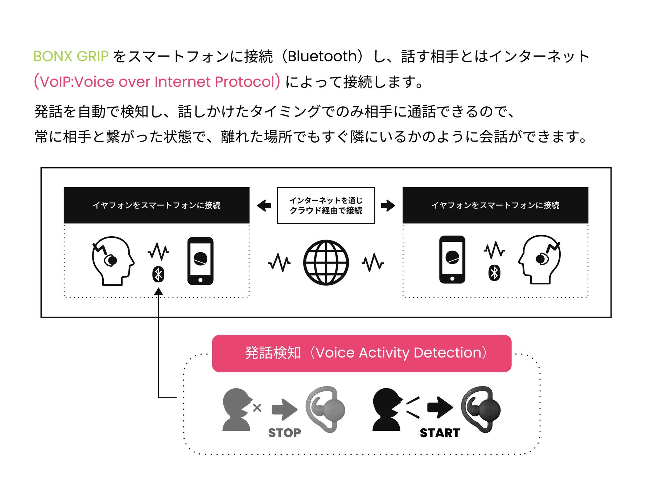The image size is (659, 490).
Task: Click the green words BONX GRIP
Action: click(71, 57)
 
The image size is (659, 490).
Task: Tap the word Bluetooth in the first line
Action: click(322, 57)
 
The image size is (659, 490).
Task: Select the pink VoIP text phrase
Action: click(157, 82)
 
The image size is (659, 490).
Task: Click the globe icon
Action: click(326, 262)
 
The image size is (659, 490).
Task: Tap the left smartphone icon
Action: click(200, 261)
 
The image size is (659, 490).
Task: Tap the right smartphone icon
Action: click(452, 260)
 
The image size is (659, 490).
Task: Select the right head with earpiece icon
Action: click(540, 259)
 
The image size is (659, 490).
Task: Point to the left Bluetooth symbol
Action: click(158, 274)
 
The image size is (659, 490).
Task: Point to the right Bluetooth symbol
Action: click(494, 273)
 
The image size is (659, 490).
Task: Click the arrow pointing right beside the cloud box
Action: click(388, 205)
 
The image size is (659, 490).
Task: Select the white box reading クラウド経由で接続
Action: click(326, 205)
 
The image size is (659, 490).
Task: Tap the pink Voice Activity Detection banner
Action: click(362, 353)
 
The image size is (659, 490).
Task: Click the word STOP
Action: click(284, 433)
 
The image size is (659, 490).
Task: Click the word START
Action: click(440, 433)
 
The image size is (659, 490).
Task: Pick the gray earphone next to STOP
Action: click(325, 409)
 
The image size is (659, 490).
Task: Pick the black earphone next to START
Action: click(481, 409)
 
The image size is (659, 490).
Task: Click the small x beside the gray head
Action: click(257, 408)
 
